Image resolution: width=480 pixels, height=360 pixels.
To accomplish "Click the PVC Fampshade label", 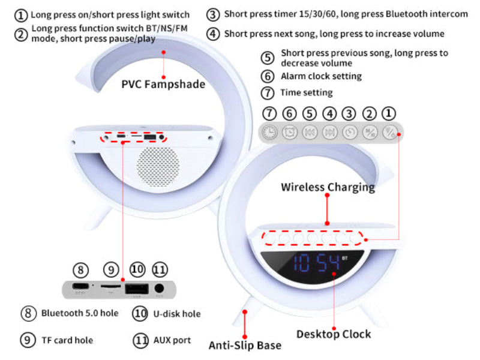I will click(163, 84).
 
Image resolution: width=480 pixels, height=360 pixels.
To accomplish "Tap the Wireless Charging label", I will click(328, 187).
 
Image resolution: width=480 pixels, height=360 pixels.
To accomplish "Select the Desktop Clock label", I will click(334, 334).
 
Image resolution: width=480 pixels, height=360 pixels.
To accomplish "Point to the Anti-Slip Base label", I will click(245, 345).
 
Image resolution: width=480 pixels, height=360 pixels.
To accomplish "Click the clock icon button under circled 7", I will click(270, 132).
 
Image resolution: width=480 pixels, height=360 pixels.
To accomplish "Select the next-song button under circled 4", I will click(329, 132).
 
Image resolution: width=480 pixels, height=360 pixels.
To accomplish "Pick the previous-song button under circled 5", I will click(309, 132).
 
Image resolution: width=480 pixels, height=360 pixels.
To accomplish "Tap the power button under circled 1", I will click(389, 132).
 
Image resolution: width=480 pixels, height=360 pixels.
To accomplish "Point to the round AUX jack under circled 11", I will click(159, 288).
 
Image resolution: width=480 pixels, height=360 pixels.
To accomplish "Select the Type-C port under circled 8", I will click(81, 287).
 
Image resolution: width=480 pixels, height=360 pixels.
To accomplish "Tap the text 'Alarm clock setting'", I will click(321, 76).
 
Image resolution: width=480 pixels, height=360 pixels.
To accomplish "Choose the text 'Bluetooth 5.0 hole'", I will click(80, 313).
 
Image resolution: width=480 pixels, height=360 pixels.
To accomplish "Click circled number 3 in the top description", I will click(213, 14).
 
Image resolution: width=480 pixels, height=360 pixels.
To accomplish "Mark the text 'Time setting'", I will click(306, 92).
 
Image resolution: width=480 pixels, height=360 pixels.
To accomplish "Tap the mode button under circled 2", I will click(370, 132).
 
